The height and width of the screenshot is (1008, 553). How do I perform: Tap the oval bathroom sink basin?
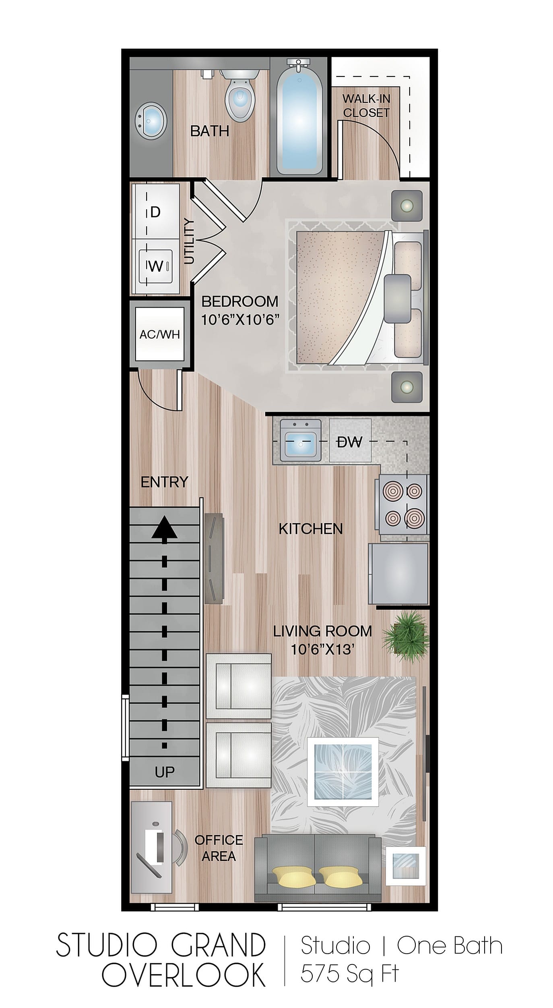click(150, 120)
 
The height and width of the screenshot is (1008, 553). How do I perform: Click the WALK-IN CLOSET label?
click(366, 106)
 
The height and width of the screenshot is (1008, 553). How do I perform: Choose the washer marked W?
click(156, 266)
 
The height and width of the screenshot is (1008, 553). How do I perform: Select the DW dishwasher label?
click(349, 442)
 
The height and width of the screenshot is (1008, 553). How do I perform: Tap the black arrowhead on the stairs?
click(164, 528)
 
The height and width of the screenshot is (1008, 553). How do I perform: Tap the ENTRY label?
click(164, 482)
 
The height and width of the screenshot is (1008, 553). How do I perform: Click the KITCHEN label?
click(311, 529)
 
